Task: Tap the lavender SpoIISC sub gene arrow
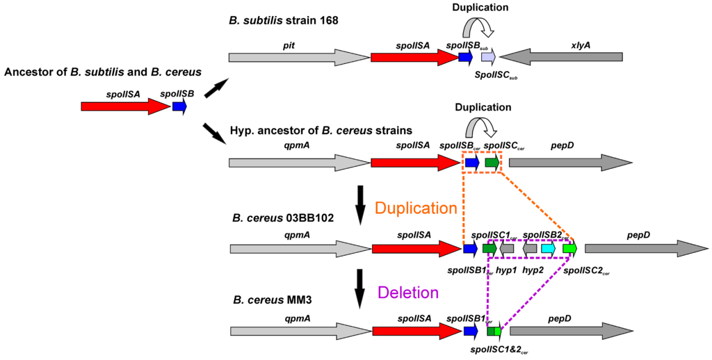488,58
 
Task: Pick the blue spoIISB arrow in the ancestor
179,106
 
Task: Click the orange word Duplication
416,208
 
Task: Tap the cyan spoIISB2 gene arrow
548,248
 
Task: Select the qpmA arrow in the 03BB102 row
300,248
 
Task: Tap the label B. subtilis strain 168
283,21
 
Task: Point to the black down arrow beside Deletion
360,288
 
